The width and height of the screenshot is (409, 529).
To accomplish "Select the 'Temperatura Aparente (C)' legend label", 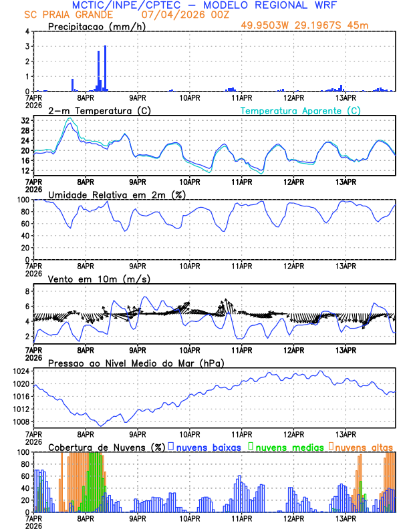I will (x=301, y=110).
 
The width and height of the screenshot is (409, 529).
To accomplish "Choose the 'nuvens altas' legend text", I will (x=364, y=446).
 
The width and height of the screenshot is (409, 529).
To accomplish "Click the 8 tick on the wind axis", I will (x=27, y=291).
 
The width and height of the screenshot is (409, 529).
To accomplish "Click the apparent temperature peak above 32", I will (x=69, y=118).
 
